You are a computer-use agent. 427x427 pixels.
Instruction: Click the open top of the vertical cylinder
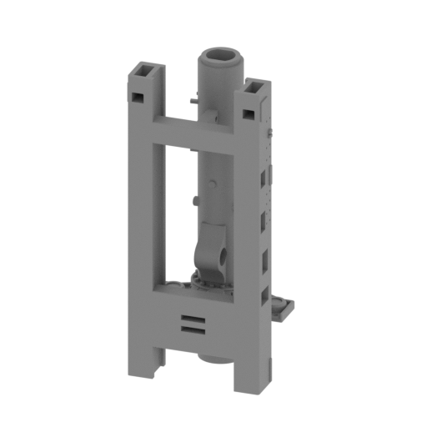click(221, 57)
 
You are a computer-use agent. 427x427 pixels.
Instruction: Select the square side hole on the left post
click(136, 97)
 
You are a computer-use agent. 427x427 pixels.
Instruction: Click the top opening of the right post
click(254, 85)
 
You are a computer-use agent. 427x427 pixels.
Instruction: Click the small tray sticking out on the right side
click(284, 307)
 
